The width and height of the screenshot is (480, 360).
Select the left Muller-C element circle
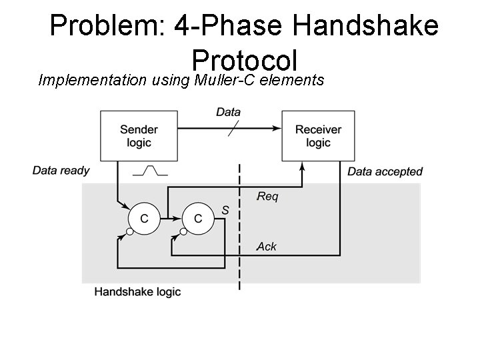click(143, 218)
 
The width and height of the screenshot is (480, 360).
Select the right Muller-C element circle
click(197, 218)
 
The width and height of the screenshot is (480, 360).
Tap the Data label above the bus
click(229, 112)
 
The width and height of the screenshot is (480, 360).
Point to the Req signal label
click(267, 197)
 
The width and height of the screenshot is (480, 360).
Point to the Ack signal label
click(267, 247)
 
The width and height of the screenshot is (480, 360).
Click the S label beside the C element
click(225, 210)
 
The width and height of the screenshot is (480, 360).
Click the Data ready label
click(61, 171)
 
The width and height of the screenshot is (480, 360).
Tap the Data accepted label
click(385, 172)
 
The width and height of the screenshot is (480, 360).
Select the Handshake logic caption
click(137, 292)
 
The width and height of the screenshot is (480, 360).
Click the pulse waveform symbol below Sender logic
click(150, 171)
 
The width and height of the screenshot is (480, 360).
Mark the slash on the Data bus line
click(231, 127)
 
